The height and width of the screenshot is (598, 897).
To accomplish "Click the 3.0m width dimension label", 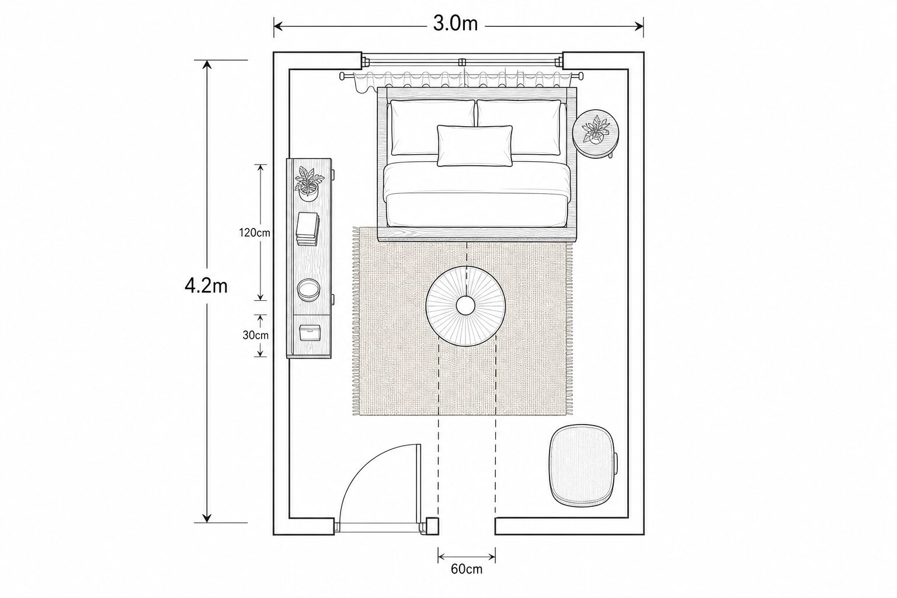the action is pyautogui.click(x=456, y=23).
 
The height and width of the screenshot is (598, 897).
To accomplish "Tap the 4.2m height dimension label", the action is pyautogui.click(x=206, y=286).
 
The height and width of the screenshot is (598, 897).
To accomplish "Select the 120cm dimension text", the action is pyautogui.click(x=255, y=232).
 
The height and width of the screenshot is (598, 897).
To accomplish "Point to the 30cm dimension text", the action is pyautogui.click(x=255, y=335).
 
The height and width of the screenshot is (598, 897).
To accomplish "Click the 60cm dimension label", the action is pyautogui.click(x=467, y=569).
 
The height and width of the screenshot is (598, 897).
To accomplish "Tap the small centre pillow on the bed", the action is pyautogui.click(x=475, y=146).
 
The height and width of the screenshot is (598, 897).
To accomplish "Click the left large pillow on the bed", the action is pyautogui.click(x=433, y=127).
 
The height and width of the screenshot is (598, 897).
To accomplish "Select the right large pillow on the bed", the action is pyautogui.click(x=519, y=127).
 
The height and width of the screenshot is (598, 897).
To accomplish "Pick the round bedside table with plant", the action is pyautogui.click(x=596, y=133).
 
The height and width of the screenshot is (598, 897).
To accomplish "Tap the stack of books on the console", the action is pyautogui.click(x=308, y=229).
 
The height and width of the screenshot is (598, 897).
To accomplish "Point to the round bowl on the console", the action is pyautogui.click(x=309, y=290).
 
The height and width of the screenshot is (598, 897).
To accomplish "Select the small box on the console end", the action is pyautogui.click(x=310, y=333).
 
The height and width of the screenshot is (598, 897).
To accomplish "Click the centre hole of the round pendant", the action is pyautogui.click(x=465, y=306).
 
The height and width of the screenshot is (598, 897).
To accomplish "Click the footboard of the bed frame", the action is pyautogui.click(x=477, y=234).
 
